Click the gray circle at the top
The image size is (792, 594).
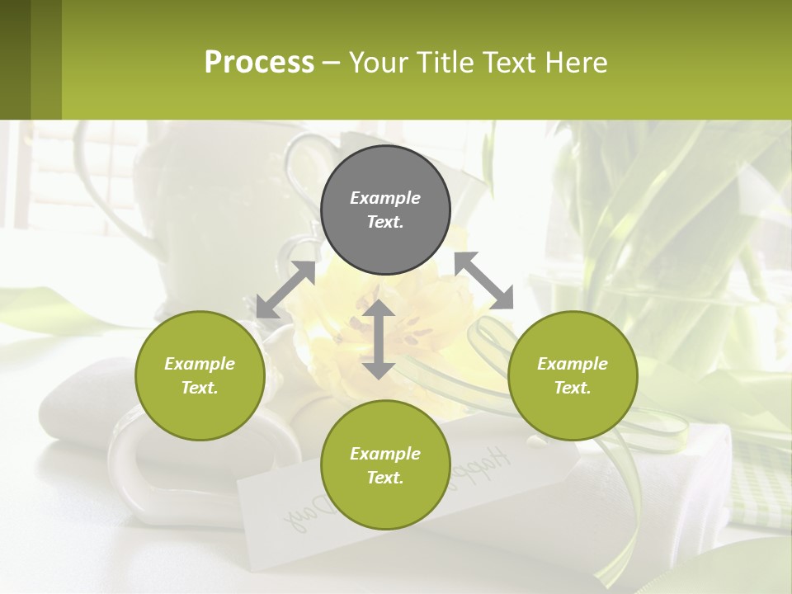[x=385, y=210]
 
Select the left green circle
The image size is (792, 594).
[x=200, y=375]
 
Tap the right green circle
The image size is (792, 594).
[x=573, y=375]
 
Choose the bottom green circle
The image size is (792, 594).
[x=385, y=465]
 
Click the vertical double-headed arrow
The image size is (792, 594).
[x=379, y=339]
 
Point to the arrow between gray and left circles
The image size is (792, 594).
[x=285, y=290]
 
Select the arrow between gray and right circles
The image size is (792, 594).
[x=483, y=280]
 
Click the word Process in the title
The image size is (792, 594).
[x=259, y=63]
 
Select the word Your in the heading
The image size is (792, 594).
[x=380, y=63]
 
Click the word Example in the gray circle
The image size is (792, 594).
[x=385, y=198]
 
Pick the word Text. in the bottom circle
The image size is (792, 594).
[x=385, y=478]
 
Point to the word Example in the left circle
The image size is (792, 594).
[x=200, y=364]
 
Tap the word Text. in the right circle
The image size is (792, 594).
[x=573, y=388]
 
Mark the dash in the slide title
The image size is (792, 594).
[x=332, y=64]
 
